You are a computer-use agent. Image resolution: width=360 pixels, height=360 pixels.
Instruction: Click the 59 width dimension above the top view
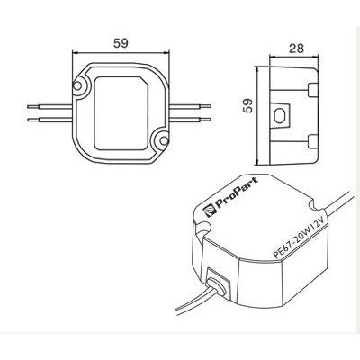coord(119,41)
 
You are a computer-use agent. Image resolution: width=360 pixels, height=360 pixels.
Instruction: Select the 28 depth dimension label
coord(292,49)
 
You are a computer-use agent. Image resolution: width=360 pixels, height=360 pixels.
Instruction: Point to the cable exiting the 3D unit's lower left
coord(193,306)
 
